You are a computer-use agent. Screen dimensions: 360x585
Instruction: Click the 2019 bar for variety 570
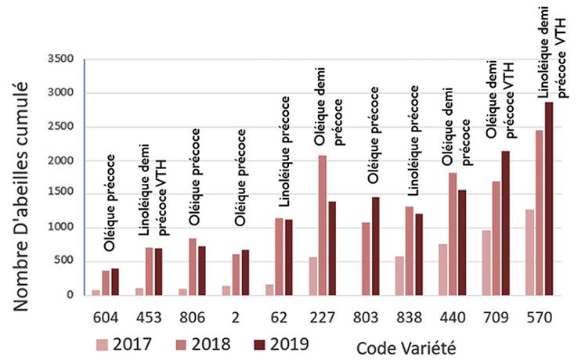coord(548,199)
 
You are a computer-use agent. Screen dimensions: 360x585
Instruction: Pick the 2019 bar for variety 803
coord(375,246)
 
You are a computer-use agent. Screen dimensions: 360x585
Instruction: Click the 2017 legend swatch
coord(103,344)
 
